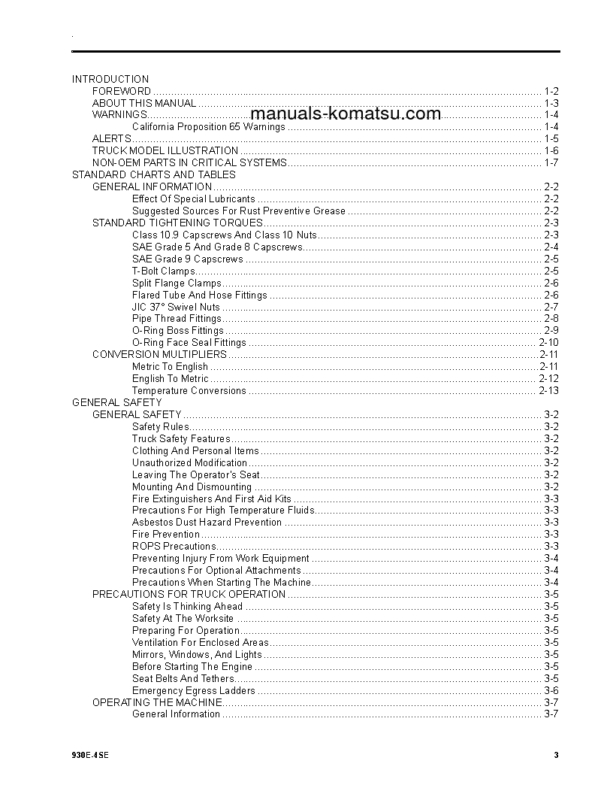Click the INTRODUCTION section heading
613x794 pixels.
tap(110, 79)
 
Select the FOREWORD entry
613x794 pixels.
tap(122, 91)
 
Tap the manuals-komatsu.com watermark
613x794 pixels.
tap(346, 114)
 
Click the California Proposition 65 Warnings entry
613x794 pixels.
tap(208, 127)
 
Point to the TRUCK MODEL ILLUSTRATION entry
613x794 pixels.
tap(165, 150)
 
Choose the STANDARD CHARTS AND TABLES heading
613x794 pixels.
tap(153, 174)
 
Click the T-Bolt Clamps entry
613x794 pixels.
tap(163, 271)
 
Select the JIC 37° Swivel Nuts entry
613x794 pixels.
tap(176, 307)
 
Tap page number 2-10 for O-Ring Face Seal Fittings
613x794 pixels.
tap(549, 343)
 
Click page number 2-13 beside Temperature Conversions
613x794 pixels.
tap(549, 391)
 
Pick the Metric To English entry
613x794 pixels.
tap(170, 367)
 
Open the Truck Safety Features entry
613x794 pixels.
tap(181, 439)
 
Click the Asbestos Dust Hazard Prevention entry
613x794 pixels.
tap(207, 523)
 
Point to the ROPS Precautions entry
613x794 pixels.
tap(174, 547)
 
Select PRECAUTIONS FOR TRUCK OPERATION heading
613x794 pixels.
tap(189, 594)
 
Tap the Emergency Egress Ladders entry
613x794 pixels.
tap(194, 690)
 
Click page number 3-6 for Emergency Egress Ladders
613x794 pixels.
tap(551, 690)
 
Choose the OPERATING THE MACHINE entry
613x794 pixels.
tap(157, 702)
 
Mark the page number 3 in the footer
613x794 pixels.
tap(556, 756)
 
